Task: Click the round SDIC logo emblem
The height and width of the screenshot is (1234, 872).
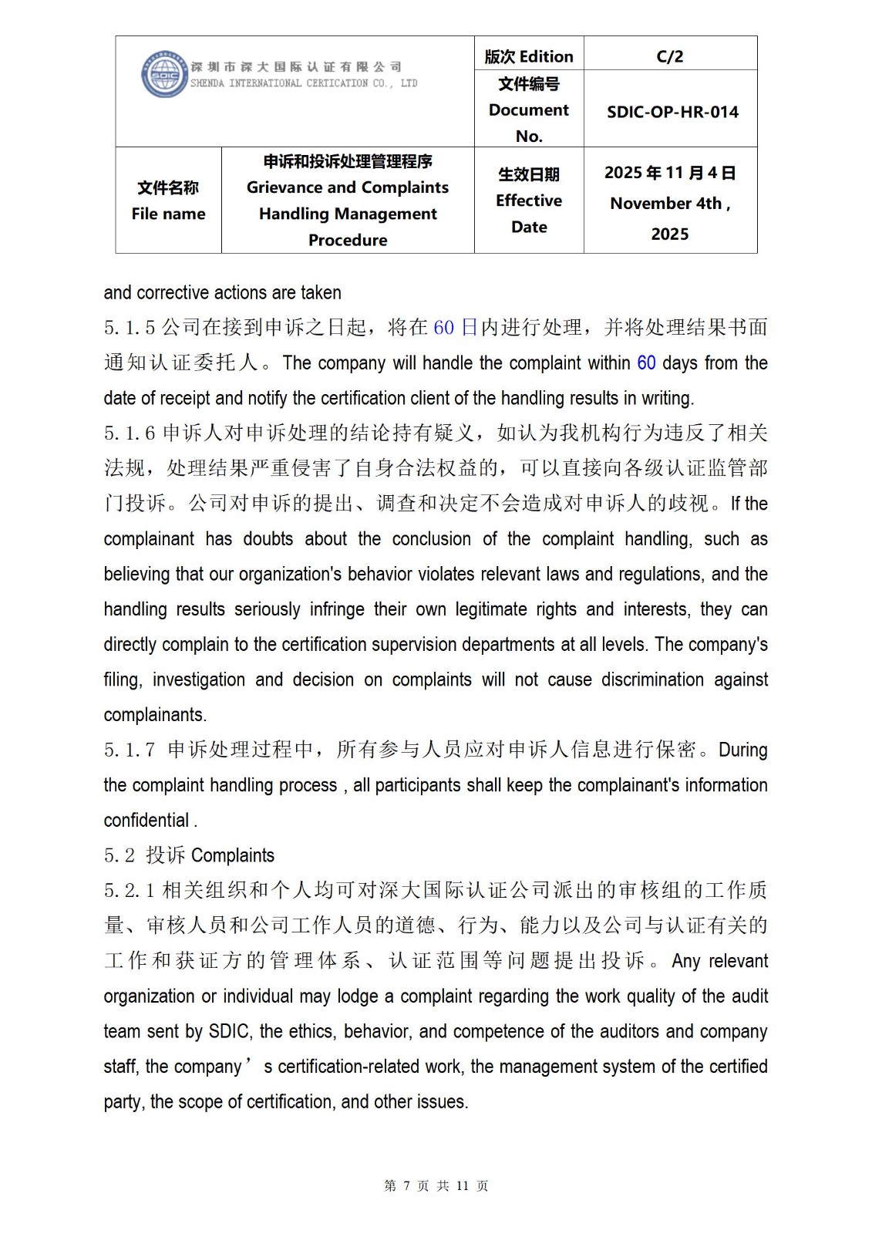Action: (x=163, y=76)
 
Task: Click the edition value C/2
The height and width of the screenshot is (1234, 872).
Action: (x=669, y=56)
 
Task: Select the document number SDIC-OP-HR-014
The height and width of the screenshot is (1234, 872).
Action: (x=672, y=112)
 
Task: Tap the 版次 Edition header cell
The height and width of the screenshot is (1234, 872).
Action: (x=529, y=56)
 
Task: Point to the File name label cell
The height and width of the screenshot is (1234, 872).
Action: (x=168, y=201)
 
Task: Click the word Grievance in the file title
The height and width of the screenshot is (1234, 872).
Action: (x=283, y=187)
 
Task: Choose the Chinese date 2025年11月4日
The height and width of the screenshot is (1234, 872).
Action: (x=669, y=173)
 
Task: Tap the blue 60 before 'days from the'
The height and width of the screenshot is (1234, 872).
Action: (x=646, y=362)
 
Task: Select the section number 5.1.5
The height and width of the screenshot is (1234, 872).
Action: (x=130, y=328)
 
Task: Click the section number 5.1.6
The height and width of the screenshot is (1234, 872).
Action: (x=130, y=433)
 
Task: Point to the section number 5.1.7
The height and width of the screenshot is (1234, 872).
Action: (x=130, y=750)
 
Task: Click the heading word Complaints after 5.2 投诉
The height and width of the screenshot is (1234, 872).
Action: (x=232, y=855)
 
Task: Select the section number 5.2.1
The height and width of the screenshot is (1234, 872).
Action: (x=130, y=891)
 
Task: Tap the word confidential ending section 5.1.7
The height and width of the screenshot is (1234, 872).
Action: (x=146, y=821)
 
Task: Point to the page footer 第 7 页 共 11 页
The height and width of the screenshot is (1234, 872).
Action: (x=436, y=1186)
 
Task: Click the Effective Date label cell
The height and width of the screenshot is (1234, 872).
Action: (x=529, y=201)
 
